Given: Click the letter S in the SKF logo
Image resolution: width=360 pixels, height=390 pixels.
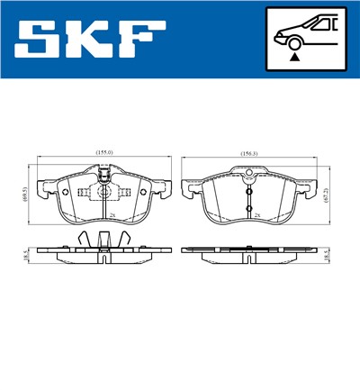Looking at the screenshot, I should point(38,39).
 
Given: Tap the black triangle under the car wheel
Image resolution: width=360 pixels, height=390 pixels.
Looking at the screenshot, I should point(293,56).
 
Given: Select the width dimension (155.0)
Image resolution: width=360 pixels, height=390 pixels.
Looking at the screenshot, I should point(103,153).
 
